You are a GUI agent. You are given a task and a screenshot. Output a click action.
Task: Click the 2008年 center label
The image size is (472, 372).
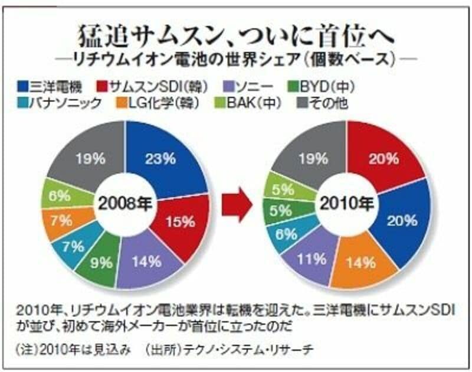tap(126, 205)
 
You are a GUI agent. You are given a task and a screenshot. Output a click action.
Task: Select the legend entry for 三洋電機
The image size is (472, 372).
tap(44, 86)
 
